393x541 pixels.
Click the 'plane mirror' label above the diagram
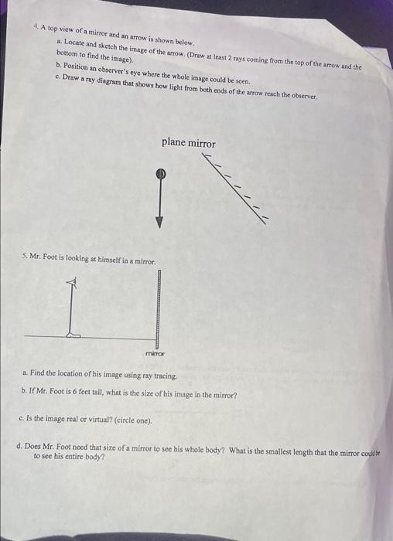(x=188, y=143)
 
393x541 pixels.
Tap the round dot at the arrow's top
(x=159, y=174)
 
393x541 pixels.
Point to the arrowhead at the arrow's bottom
(x=159, y=222)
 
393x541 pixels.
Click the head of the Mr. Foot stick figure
(x=72, y=284)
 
